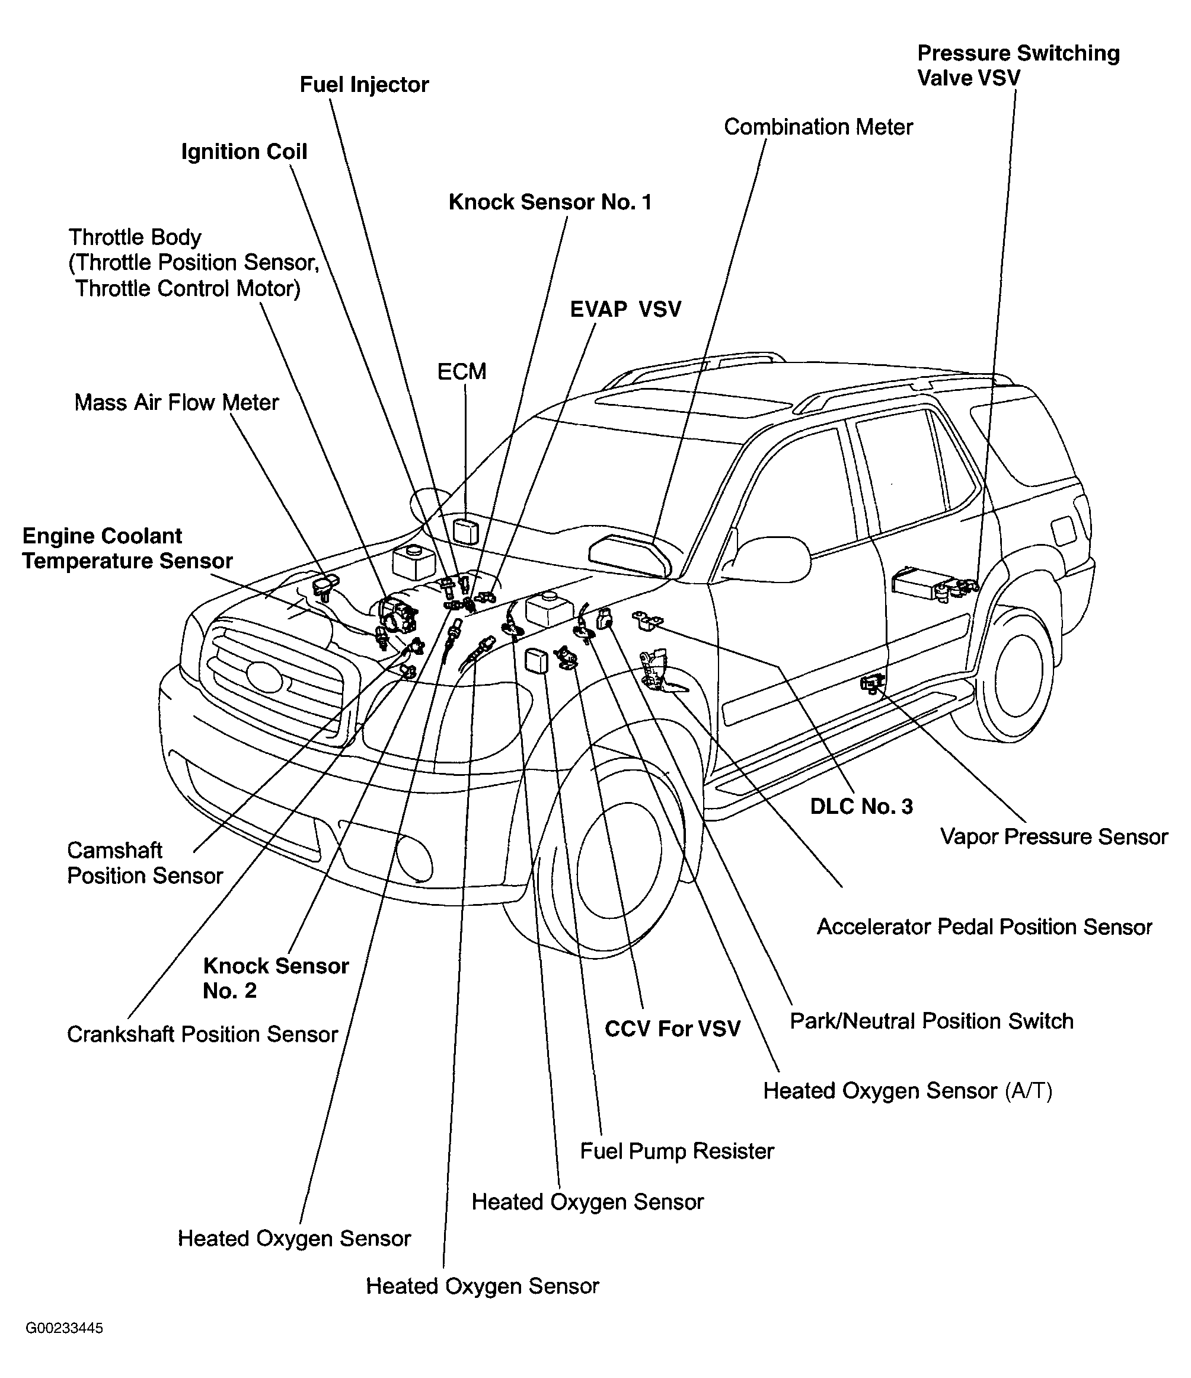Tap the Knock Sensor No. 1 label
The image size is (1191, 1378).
(550, 202)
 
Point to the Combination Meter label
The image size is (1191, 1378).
(818, 127)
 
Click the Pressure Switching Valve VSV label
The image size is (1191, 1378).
(1018, 65)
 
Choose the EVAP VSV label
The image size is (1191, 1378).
(626, 309)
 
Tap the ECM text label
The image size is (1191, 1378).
(462, 371)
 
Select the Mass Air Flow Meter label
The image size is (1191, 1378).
(176, 402)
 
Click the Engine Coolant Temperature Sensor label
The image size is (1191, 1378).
(127, 548)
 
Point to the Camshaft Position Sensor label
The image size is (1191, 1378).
(145, 863)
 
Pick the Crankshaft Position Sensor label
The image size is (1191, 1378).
(203, 1034)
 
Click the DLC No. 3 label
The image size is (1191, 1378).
(861, 807)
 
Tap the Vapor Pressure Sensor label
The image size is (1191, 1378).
(1054, 836)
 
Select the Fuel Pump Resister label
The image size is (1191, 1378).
(677, 1151)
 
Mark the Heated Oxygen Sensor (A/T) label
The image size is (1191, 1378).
(908, 1091)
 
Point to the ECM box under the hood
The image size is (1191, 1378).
(466, 532)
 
